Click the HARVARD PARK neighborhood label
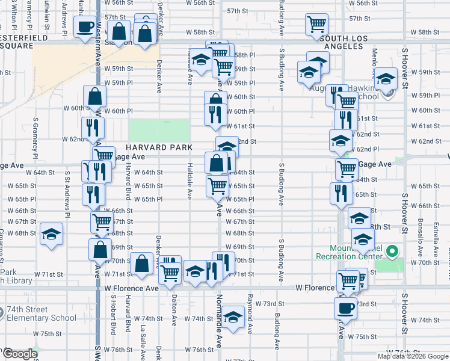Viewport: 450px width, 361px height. click(159, 147)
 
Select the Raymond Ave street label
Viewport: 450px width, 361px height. click(250, 313)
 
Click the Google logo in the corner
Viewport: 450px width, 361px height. click(20, 354)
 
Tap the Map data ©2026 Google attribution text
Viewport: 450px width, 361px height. click(413, 356)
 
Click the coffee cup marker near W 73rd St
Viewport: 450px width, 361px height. click(345, 307)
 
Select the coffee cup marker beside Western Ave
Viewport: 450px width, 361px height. click(84, 26)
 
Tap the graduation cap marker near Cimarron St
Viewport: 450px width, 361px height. click(52, 234)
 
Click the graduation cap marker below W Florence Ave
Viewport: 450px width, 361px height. click(232, 317)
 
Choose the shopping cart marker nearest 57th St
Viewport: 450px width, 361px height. click(316, 25)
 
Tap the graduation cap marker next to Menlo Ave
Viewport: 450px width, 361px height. click(386, 78)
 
